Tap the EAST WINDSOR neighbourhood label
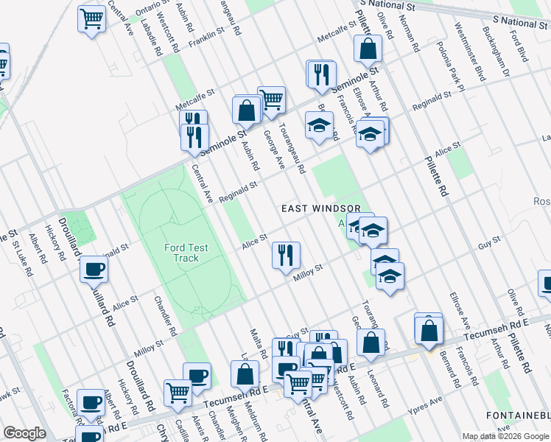[x=321, y=209]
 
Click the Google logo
[x=24, y=432]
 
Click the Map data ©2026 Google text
[x=505, y=435]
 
